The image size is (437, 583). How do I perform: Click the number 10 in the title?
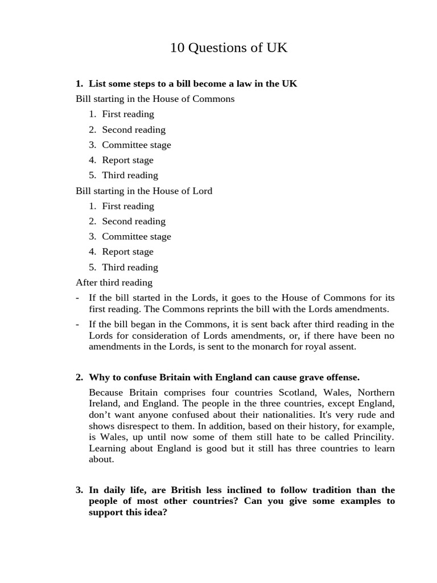point(177,48)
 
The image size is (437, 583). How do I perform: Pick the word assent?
point(342,346)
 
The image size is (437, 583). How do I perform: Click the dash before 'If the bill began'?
point(77,325)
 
